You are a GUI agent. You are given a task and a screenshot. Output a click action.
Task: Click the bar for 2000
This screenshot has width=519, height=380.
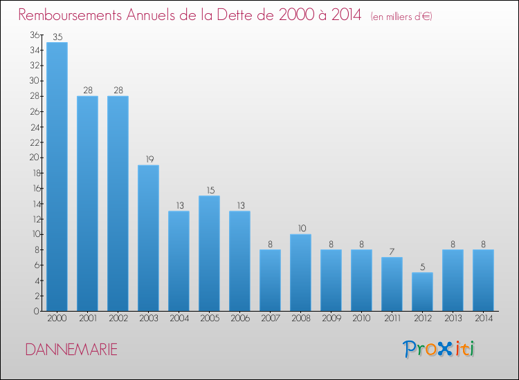point(57,176)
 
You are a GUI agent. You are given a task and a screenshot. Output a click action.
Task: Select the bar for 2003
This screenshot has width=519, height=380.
point(148,238)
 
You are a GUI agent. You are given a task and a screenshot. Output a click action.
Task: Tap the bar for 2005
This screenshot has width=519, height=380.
point(209,253)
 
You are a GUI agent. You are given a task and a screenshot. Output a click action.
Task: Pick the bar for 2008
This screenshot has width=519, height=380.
point(300,272)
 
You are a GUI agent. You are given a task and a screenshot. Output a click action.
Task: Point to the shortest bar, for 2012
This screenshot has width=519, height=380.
point(422,292)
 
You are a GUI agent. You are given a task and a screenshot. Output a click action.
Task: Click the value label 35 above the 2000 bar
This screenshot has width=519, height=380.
point(57,37)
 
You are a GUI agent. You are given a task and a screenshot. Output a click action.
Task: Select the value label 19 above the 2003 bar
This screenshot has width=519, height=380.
point(150,160)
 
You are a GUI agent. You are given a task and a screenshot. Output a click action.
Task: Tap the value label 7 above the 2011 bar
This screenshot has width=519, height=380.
point(392,251)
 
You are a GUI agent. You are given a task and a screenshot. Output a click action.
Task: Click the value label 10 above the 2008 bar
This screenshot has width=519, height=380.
point(302,228)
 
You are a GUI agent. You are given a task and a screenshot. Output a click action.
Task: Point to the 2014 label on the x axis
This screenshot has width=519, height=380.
point(484,318)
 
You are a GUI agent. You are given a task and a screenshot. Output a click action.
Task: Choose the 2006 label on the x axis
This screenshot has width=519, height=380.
point(240,318)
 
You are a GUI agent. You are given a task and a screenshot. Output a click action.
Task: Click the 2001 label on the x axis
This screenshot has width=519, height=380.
point(88,318)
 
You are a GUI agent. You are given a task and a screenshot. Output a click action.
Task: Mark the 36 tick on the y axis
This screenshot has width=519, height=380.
point(35,35)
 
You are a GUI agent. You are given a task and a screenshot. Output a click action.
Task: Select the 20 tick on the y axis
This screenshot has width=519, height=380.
point(35,158)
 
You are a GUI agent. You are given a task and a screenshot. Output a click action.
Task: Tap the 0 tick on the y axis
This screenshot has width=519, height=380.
point(37,311)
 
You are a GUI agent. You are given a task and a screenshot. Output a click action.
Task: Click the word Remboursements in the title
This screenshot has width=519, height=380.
point(70,15)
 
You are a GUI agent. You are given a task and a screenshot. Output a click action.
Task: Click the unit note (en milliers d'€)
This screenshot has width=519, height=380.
point(401,17)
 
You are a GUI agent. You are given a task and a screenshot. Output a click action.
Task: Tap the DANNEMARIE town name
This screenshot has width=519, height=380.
point(71,350)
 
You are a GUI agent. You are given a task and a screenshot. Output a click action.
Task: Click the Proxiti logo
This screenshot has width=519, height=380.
point(439,349)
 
